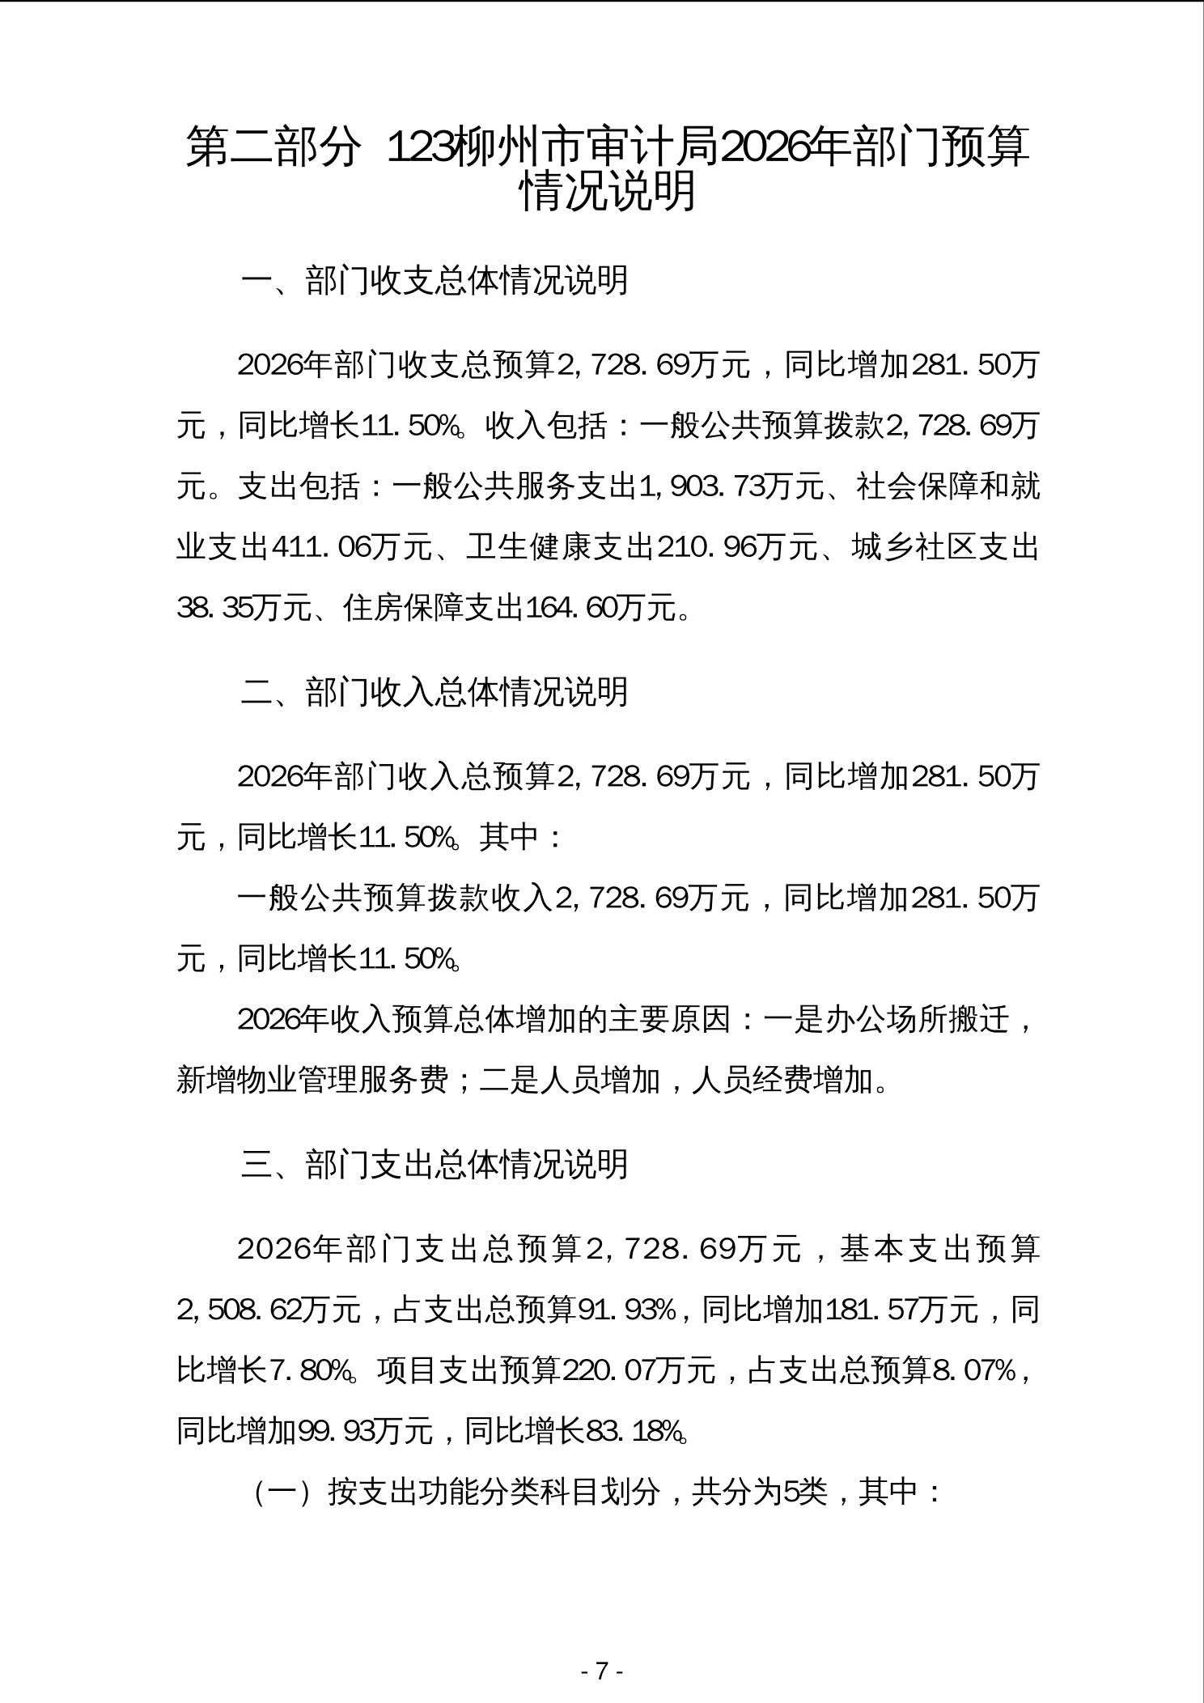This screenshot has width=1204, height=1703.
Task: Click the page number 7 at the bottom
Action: (601, 1671)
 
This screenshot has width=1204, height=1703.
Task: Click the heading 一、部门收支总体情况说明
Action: (434, 280)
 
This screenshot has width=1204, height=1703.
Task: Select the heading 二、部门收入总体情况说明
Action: (434, 691)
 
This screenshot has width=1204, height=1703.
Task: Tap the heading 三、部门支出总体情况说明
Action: (434, 1164)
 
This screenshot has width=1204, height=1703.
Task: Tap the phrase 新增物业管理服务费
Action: (312, 1080)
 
